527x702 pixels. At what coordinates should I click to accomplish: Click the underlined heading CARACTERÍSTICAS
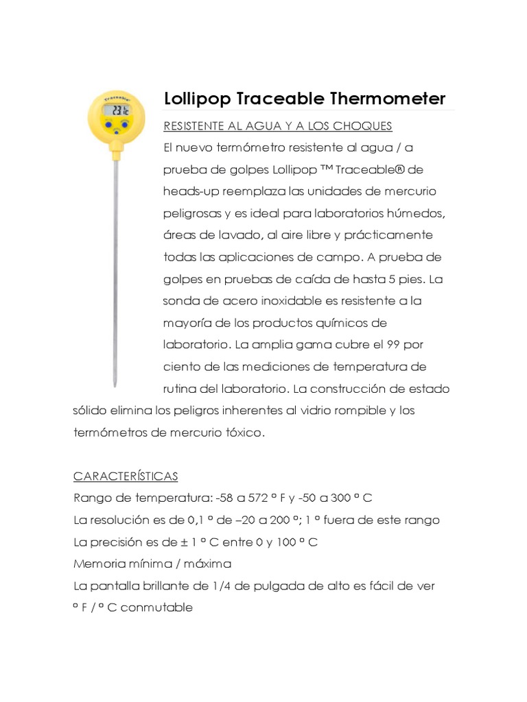tap(125, 476)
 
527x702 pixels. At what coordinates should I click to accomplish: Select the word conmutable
tap(159, 607)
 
